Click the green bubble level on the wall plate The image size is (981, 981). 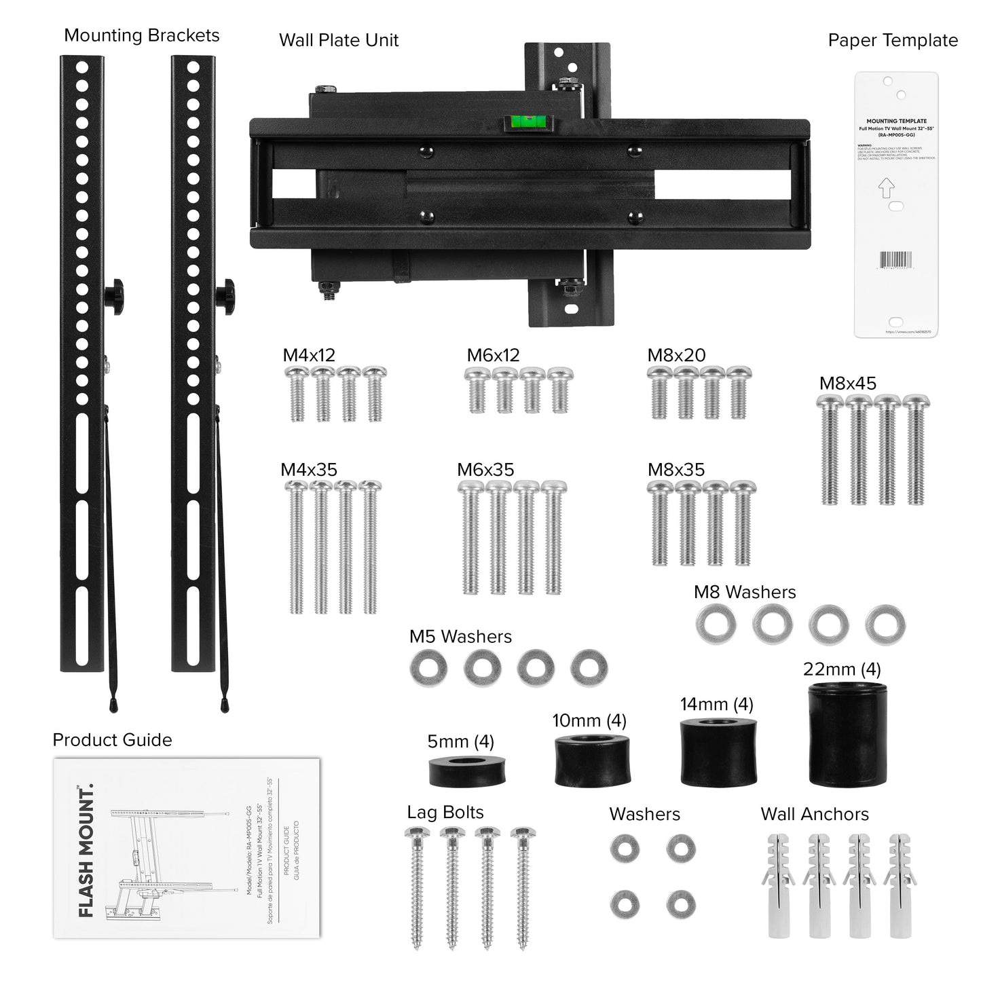pyautogui.click(x=527, y=124)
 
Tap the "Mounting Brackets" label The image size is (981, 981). pyautogui.click(x=141, y=36)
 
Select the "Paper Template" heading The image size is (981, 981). pyautogui.click(x=892, y=41)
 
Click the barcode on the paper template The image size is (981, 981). pyautogui.click(x=897, y=260)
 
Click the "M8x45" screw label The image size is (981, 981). pyautogui.click(x=847, y=383)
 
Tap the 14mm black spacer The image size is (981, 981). pyautogui.click(x=718, y=752)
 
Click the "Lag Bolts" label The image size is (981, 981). pyautogui.click(x=445, y=813)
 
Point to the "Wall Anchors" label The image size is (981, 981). pyautogui.click(x=815, y=814)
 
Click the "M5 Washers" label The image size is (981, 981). pyautogui.click(x=460, y=637)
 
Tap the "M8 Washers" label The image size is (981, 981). pyautogui.click(x=745, y=592)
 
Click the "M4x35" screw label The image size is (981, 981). pyautogui.click(x=309, y=470)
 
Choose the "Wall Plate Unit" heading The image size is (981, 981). pyautogui.click(x=339, y=40)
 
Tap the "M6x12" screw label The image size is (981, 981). pyautogui.click(x=493, y=355)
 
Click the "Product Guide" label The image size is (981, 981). pyautogui.click(x=112, y=740)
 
